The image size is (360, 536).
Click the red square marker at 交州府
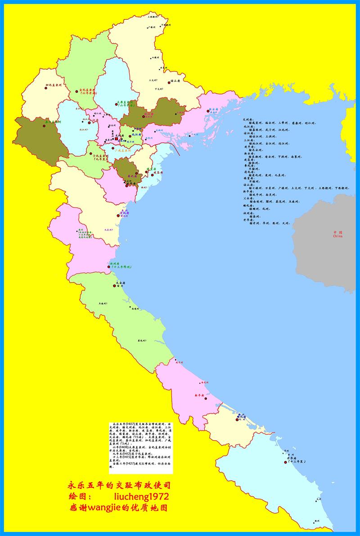click(116, 139)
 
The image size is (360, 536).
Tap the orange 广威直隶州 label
click(122, 151)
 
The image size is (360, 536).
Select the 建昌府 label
click(157, 172)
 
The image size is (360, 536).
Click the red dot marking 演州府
click(108, 267)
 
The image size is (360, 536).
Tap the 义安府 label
click(120, 283)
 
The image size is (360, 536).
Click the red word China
click(338, 236)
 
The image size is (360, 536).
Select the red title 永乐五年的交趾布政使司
click(119, 486)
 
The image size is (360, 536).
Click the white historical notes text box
click(134, 447)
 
